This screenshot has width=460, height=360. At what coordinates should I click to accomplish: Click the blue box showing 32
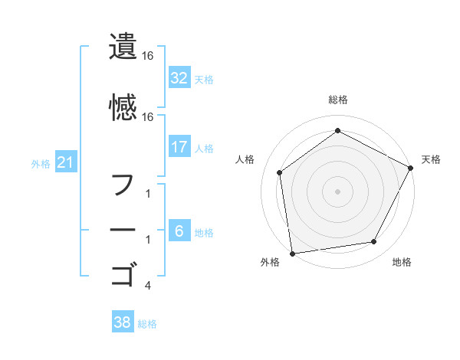(179, 77)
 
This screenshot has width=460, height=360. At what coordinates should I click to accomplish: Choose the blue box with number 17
(179, 146)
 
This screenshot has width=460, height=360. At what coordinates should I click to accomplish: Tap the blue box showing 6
(179, 231)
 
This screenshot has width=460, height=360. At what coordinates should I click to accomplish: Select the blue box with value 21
(65, 162)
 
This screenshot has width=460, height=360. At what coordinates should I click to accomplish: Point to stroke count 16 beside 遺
(148, 56)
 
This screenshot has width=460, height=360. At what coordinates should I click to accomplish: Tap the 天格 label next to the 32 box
(204, 79)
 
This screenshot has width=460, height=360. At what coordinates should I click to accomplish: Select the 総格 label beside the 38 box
(147, 324)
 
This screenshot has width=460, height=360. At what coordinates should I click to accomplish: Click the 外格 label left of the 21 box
(41, 163)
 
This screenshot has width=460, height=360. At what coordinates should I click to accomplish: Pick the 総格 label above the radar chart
(338, 100)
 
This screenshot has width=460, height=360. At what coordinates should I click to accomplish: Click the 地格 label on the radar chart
(402, 263)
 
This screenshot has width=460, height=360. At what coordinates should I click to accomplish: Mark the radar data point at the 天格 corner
(411, 167)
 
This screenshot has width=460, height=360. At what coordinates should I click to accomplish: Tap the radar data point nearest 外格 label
(292, 253)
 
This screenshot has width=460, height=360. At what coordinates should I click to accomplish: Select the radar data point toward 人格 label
(280, 172)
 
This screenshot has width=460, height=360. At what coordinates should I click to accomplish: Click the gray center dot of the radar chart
(338, 191)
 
